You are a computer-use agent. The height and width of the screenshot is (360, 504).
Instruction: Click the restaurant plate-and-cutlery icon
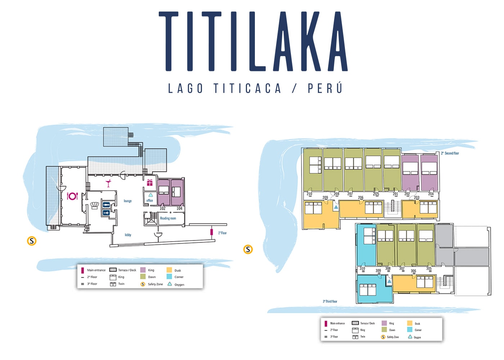(72, 196)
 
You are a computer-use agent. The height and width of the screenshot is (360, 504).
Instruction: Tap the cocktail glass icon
(108, 184)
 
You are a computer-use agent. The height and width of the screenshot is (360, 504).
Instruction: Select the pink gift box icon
(149, 183)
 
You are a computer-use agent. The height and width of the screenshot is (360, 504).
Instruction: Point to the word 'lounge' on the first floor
(128, 201)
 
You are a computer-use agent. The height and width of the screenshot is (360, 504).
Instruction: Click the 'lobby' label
(128, 235)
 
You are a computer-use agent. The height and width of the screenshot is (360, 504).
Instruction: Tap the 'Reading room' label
(168, 218)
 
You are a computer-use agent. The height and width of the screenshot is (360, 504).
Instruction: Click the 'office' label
(150, 201)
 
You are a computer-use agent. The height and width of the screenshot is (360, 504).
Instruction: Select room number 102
(163, 208)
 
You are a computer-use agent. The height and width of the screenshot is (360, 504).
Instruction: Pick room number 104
(179, 208)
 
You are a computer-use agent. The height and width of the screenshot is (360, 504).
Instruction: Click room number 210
(309, 194)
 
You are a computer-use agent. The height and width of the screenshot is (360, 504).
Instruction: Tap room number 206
(361, 198)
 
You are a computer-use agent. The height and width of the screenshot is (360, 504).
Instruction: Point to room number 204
(431, 194)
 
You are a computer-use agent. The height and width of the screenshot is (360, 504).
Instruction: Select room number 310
(362, 268)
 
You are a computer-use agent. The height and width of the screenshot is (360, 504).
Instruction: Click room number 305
(429, 268)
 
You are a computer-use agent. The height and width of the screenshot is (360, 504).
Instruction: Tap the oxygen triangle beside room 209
(336, 207)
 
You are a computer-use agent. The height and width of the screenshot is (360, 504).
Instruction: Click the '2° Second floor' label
(450, 153)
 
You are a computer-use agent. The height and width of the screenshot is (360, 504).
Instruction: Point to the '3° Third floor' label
(330, 301)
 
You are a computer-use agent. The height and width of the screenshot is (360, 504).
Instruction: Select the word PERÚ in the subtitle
(325, 89)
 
